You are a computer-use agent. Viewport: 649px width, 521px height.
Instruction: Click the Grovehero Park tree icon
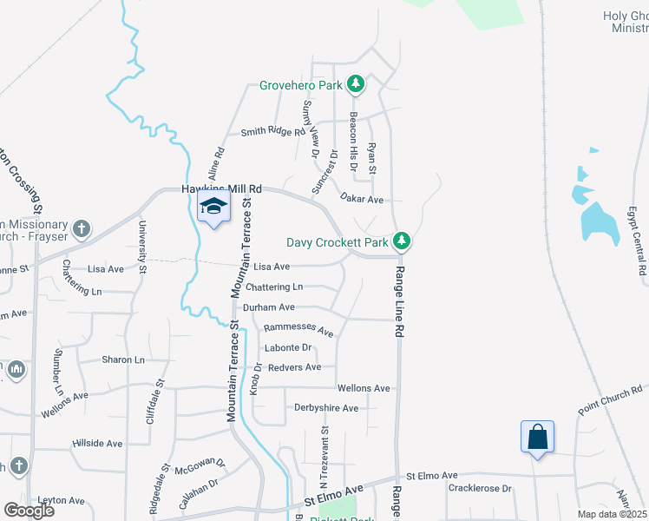click(355, 84)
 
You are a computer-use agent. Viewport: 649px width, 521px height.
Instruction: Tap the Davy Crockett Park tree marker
click(401, 241)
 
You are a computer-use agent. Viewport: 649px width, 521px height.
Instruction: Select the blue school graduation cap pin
click(213, 208)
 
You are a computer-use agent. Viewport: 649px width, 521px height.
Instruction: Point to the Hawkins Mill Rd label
click(221, 188)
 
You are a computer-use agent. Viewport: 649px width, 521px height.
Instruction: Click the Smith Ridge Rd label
click(273, 132)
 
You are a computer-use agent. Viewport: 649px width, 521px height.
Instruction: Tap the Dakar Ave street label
click(362, 199)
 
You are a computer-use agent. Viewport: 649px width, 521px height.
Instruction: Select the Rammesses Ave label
click(298, 330)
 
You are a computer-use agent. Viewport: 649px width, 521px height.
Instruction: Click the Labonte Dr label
click(287, 348)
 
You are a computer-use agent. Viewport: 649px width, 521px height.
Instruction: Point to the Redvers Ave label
click(294, 367)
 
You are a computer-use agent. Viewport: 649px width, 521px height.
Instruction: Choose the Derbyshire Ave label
click(326, 407)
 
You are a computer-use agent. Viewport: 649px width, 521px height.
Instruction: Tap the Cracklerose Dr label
click(480, 488)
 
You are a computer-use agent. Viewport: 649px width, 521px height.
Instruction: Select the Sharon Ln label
click(123, 359)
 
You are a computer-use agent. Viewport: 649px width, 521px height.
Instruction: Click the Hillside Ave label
click(97, 443)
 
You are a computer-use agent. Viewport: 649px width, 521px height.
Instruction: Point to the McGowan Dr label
click(200, 466)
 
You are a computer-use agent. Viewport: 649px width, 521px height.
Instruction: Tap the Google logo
click(29, 510)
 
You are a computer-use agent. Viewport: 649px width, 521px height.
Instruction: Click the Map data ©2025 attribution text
click(612, 514)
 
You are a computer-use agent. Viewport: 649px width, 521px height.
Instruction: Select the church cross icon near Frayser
click(82, 229)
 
